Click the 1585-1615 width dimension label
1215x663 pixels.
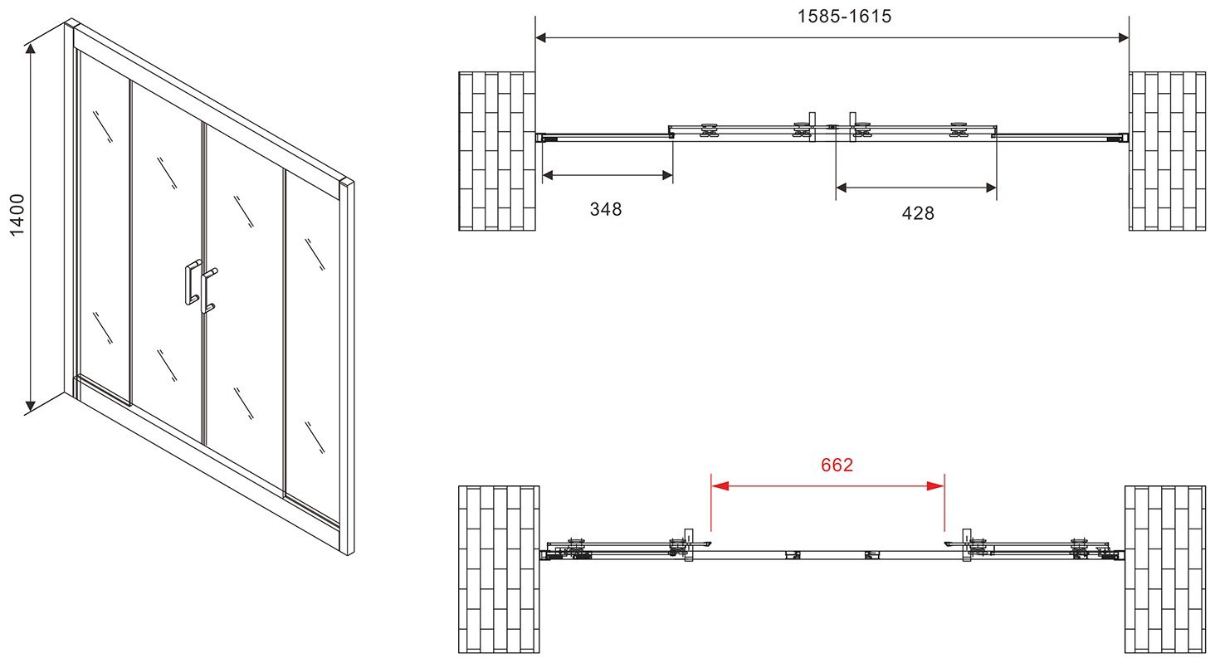coord(845,17)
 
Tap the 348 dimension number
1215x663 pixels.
coord(606,209)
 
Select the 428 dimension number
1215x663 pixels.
coord(918,213)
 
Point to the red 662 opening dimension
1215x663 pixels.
coord(837,465)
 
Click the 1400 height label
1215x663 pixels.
coord(18,215)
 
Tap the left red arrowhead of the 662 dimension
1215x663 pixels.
coord(720,485)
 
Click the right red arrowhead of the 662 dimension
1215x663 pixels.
coord(935,485)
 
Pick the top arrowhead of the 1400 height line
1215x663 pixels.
coord(31,49)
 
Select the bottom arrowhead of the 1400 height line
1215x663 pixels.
coord(31,406)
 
